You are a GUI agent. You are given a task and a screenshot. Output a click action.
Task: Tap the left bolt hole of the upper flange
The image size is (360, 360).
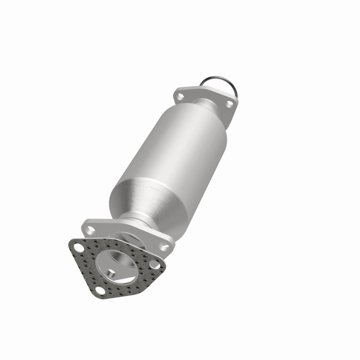tap(181, 95)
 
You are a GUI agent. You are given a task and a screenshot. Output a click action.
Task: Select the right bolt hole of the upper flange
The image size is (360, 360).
tap(229, 103)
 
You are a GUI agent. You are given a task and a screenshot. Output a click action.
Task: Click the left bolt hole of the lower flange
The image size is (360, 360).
tap(91, 230)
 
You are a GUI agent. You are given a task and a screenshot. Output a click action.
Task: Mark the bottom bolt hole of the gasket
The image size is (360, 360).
tap(100, 291)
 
